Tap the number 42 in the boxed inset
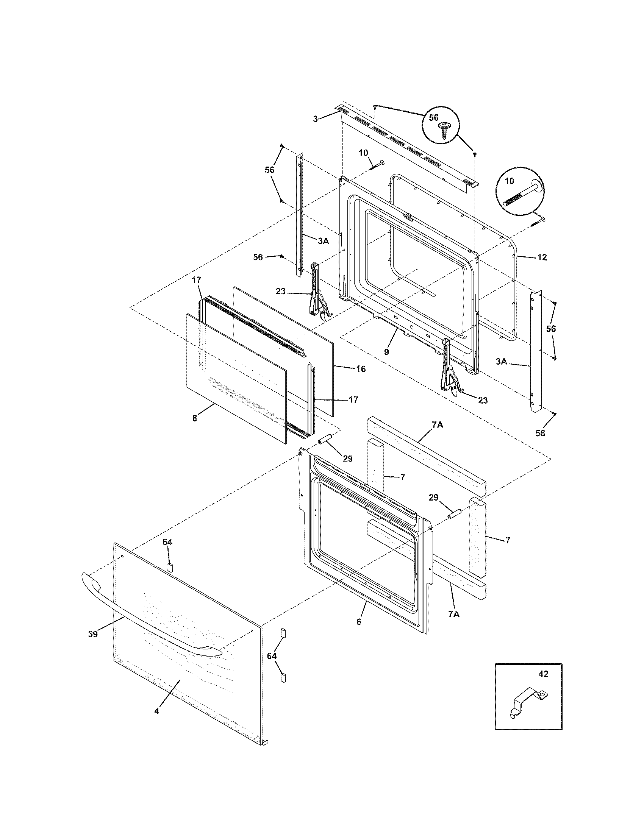(543, 674)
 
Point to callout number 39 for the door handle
(93, 634)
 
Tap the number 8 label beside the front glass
(195, 418)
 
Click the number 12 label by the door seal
(542, 257)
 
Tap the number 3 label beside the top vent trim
(315, 119)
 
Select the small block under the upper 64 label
(170, 567)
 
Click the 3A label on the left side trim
(323, 241)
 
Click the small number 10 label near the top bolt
(363, 153)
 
